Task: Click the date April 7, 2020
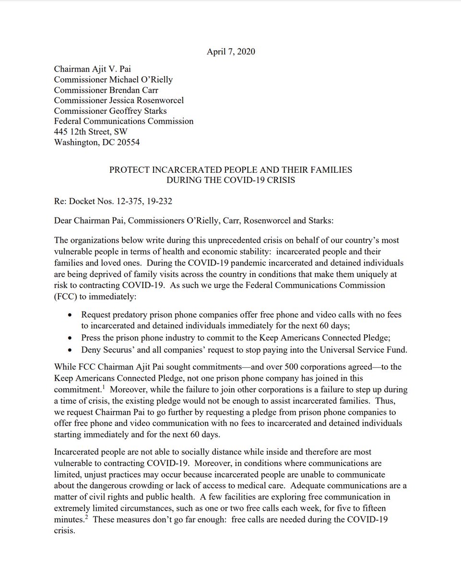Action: click(x=231, y=51)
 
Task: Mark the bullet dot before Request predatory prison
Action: click(x=71, y=315)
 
